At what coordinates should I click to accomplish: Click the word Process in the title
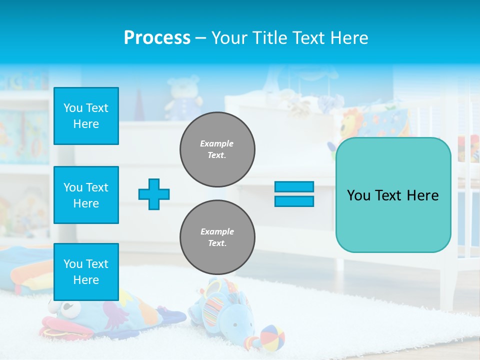tap(157, 38)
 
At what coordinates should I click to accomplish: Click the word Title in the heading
tap(268, 38)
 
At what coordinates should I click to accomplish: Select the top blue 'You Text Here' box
tap(86, 116)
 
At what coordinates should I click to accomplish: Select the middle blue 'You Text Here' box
tap(86, 195)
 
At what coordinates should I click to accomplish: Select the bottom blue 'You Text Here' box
tap(86, 272)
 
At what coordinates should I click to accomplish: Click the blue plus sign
tap(154, 194)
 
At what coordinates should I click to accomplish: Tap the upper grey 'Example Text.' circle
tap(217, 149)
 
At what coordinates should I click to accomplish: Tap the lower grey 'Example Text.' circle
tap(217, 237)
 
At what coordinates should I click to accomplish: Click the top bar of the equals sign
tap(294, 187)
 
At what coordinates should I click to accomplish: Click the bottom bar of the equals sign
tap(294, 201)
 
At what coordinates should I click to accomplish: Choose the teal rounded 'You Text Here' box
tap(393, 195)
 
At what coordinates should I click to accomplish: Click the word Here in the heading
tap(349, 38)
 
